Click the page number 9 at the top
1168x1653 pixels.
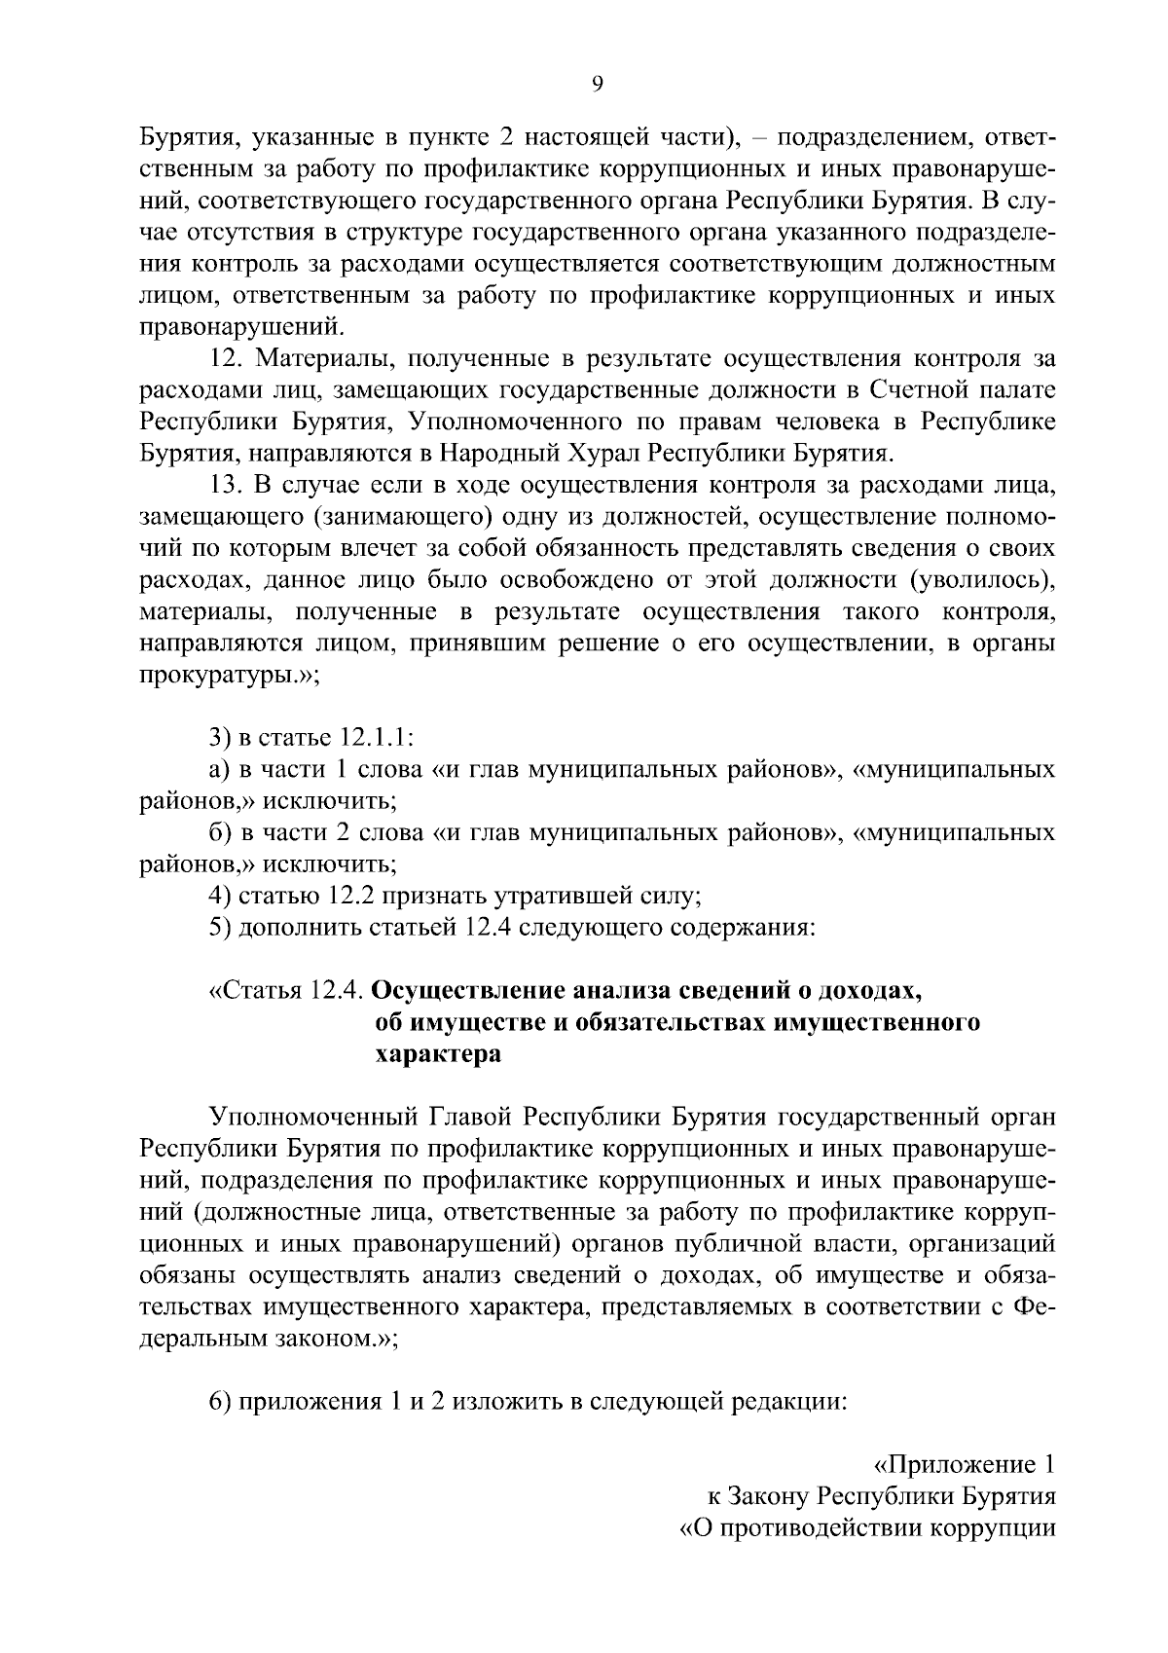point(598,84)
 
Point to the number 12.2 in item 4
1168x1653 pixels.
point(338,895)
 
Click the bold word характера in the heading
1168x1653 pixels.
point(438,1053)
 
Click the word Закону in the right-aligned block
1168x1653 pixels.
point(767,1496)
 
